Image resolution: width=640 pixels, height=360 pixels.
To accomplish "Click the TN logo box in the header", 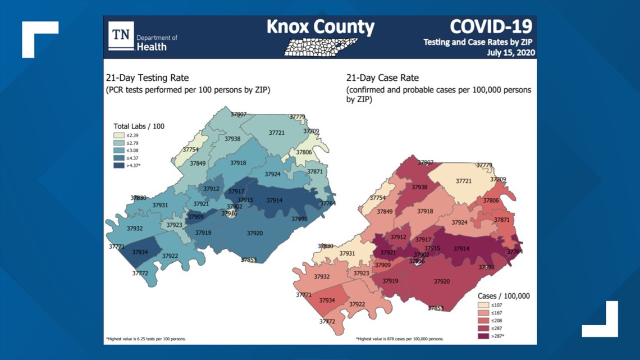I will [x=121, y=36].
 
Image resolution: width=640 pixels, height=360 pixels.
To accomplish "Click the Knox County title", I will [x=320, y=26].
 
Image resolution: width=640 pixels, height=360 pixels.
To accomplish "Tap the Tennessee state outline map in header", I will [x=321, y=47].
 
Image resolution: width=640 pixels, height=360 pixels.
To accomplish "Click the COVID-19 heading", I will [x=491, y=26].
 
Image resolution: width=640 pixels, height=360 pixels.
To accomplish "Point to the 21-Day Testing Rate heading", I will [x=147, y=78].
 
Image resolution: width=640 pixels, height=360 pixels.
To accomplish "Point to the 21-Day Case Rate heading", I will [x=382, y=78].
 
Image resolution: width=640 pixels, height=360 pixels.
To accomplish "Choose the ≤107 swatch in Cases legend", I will [x=483, y=305].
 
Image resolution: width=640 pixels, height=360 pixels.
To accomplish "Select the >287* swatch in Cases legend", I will [x=483, y=335].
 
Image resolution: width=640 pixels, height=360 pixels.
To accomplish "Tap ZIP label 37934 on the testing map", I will [x=140, y=252].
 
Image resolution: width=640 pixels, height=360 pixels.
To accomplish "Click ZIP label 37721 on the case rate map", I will [x=464, y=181].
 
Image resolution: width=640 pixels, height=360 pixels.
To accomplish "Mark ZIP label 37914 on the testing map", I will [x=275, y=200].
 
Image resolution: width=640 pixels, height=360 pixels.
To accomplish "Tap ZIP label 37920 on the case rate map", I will [x=442, y=281].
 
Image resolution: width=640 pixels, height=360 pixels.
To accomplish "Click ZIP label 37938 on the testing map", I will [x=232, y=139].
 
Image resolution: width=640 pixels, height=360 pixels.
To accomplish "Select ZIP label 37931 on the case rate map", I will [x=347, y=254].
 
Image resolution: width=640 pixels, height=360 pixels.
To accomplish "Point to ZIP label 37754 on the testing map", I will [x=190, y=150].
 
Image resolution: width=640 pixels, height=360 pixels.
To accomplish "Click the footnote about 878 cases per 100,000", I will [x=399, y=339].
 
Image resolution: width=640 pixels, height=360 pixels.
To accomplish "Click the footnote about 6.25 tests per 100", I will [x=146, y=339].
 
